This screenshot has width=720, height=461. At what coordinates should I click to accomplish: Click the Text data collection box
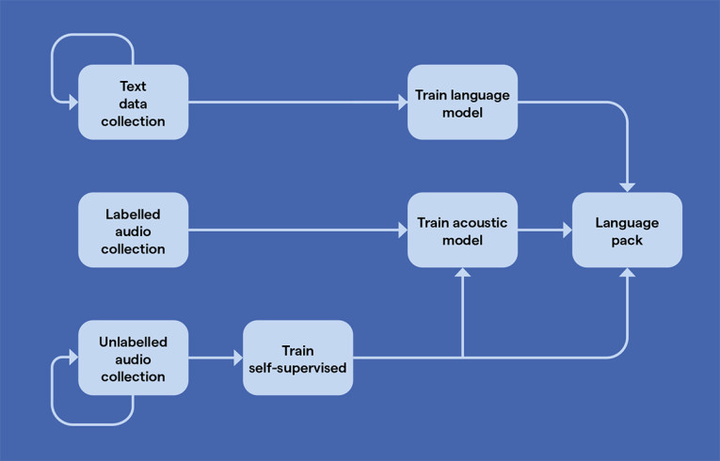pos(133,102)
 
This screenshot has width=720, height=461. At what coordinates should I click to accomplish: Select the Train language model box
pos(462,102)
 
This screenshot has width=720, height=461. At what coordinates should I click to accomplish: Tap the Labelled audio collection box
pos(133,230)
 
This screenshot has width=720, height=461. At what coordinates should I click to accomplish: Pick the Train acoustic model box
pos(462,230)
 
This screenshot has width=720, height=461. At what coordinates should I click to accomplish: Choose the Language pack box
pos(627,230)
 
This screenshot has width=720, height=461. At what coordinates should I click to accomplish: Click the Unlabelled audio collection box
pos(133,358)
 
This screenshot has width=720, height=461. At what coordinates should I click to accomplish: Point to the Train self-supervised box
pos(297,358)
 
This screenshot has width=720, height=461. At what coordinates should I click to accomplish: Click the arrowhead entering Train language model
pos(402,102)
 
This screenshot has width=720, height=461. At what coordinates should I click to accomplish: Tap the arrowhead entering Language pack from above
pos(627,186)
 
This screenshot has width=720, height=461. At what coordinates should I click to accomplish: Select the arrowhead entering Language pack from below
pos(627,274)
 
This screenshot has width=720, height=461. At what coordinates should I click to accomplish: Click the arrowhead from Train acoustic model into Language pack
pos(567,230)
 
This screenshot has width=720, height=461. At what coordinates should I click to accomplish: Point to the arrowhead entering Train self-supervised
pos(237,358)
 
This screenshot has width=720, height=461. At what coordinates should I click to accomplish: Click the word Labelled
pos(133,214)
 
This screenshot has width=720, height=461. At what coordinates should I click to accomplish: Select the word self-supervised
pos(297,367)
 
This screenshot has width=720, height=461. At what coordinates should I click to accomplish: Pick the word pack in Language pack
pos(627,240)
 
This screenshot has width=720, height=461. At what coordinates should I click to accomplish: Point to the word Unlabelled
pos(133,342)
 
